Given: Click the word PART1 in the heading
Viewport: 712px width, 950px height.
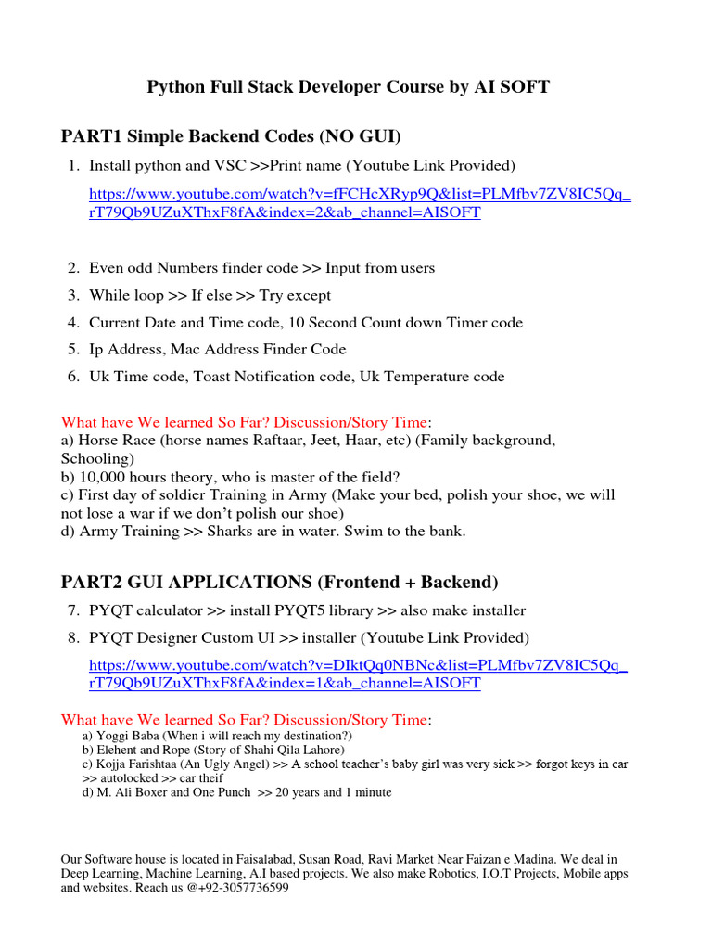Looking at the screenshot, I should tap(90, 137).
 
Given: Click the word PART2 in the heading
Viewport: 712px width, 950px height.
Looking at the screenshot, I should tap(90, 583).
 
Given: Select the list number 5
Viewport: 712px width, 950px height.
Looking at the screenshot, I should tap(72, 350).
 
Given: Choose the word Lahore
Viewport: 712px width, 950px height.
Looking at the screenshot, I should tap(321, 750).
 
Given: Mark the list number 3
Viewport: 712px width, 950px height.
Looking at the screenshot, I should tap(72, 296).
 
